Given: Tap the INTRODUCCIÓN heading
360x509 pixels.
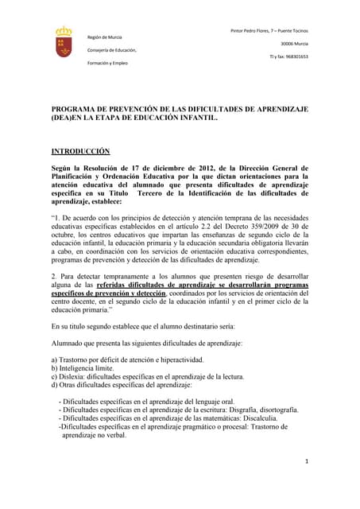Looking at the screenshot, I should click(x=80, y=150).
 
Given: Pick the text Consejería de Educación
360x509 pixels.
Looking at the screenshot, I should click(x=111, y=50).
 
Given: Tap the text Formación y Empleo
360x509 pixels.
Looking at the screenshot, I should click(x=107, y=63).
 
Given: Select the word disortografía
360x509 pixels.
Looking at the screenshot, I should click(x=271, y=410).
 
